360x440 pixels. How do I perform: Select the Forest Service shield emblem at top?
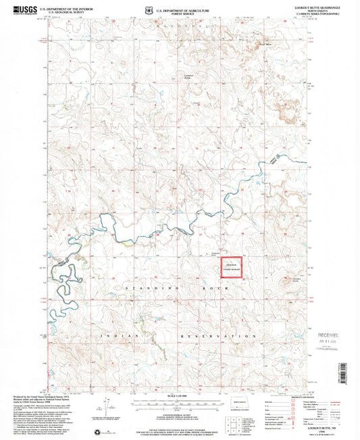150,9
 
